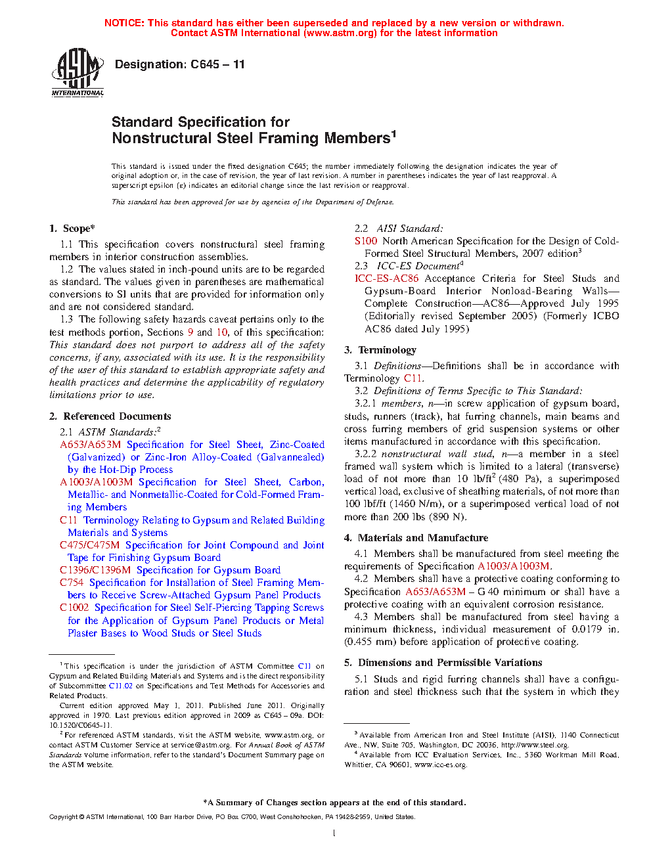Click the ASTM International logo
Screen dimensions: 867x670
coord(78,73)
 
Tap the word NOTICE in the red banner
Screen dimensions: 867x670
coord(124,23)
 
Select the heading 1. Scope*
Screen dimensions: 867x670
coord(72,229)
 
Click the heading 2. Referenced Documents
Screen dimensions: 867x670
coord(110,416)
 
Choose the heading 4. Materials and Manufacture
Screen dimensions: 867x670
coord(416,538)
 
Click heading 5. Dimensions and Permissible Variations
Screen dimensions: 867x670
coord(443,663)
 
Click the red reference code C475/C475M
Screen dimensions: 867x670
coord(90,545)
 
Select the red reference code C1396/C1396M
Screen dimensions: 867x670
coord(95,570)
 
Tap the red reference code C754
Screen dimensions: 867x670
coord(72,583)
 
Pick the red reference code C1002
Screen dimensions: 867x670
coord(74,608)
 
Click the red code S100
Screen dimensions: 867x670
coord(366,241)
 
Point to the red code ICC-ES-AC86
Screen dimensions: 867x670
coord(386,278)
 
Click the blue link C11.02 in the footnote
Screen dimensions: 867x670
coord(121,686)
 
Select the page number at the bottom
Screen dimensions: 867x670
coord(334,834)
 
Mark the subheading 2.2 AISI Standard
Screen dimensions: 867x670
coord(399,229)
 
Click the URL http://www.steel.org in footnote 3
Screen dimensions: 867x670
coord(535,745)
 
